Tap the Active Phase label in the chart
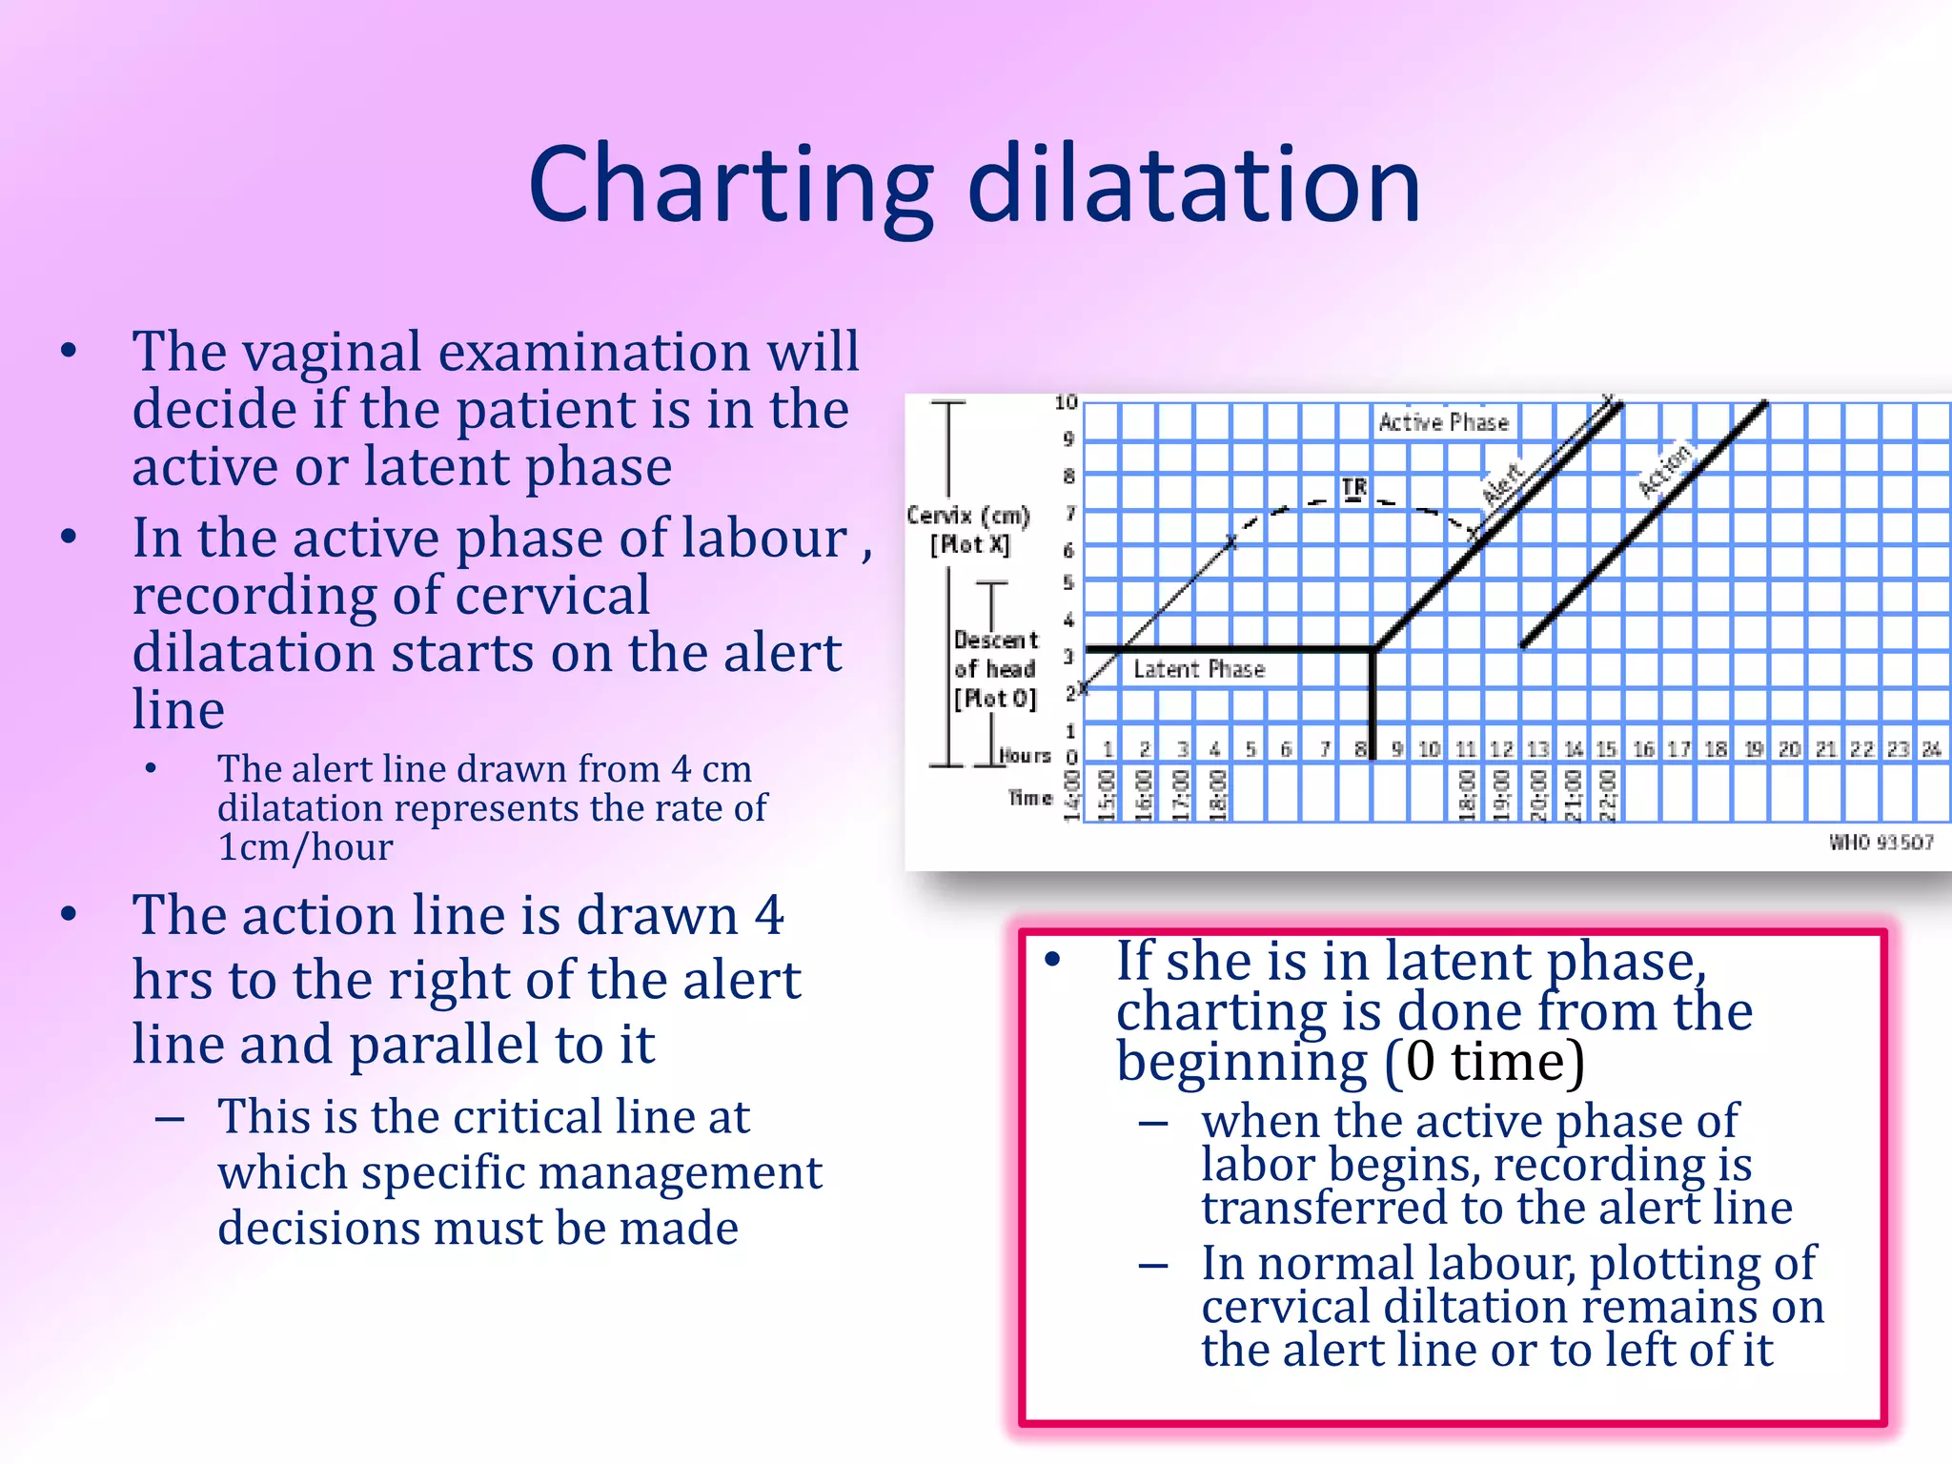pos(1443,422)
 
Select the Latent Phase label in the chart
pos(1198,669)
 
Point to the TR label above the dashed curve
pos(1353,488)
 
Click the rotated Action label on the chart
pos(1664,469)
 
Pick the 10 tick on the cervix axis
pos(1066,403)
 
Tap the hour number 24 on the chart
pos(1931,749)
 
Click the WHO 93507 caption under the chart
pos(1881,843)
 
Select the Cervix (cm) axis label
pos(967,516)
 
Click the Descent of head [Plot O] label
pos(995,669)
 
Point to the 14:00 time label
pos(1071,796)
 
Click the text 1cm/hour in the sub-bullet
pos(305,846)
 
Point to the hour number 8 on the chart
pos(1360,749)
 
